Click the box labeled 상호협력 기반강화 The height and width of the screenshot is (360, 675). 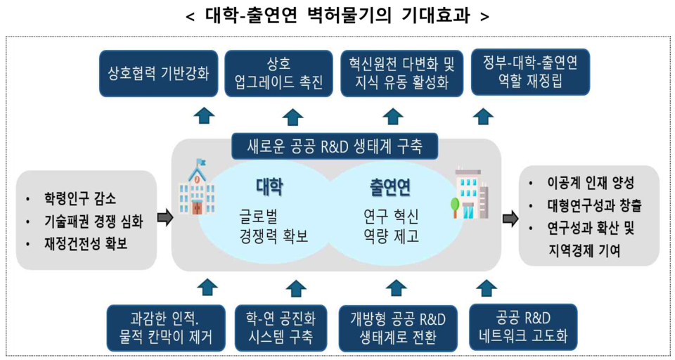[x=158, y=72]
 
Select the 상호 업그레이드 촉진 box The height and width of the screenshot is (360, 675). [x=278, y=74]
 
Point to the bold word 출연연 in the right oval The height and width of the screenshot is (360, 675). [x=390, y=187]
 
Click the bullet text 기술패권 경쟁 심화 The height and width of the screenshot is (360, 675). [x=93, y=221]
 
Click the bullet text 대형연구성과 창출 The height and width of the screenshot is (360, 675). [x=594, y=206]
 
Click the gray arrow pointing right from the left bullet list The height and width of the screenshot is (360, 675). [x=165, y=218]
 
